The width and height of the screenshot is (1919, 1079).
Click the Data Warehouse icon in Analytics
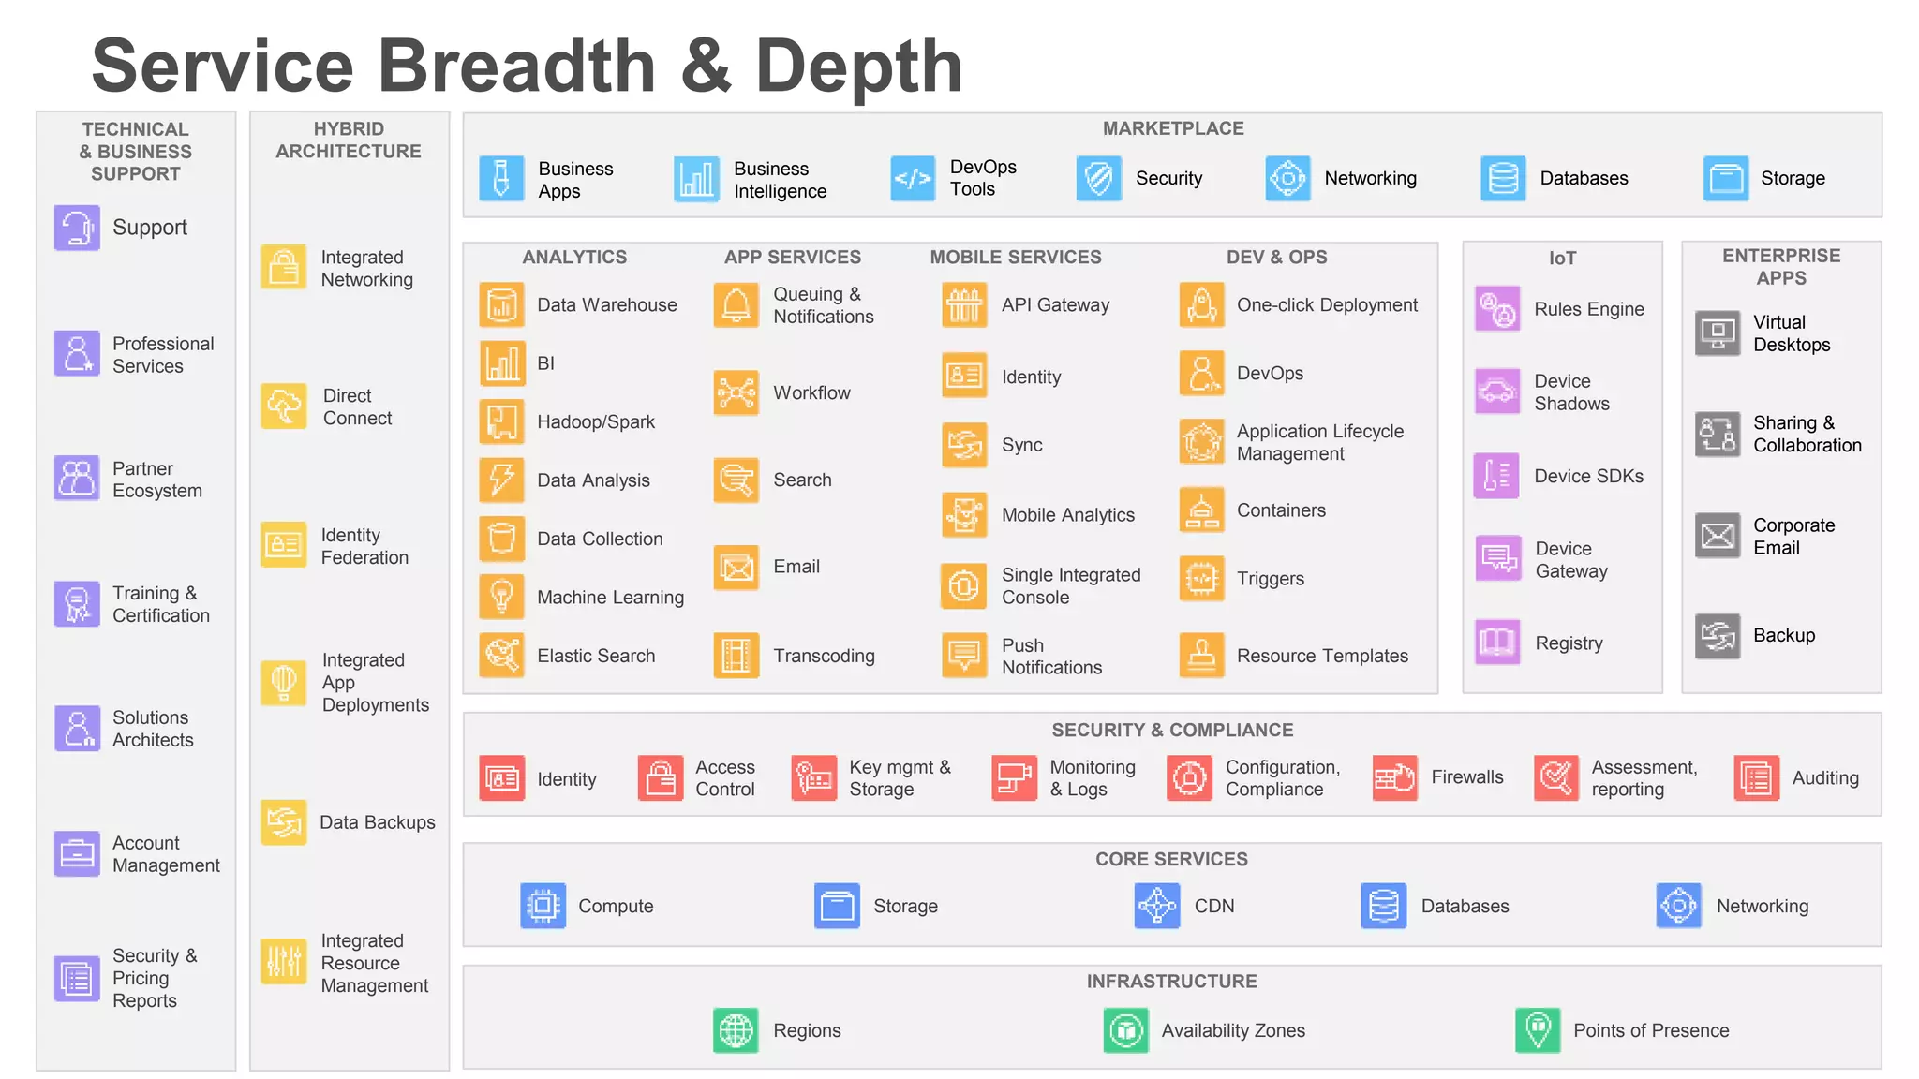point(501,304)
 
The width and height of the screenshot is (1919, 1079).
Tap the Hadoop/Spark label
point(595,422)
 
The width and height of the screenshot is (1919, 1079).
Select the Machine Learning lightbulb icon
point(501,597)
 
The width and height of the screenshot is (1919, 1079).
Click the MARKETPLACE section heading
point(1172,128)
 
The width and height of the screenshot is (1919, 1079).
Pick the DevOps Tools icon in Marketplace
point(913,178)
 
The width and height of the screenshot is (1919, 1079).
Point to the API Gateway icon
point(964,304)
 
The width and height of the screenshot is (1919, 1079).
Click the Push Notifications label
point(1050,656)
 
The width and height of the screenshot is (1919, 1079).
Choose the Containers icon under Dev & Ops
point(1201,510)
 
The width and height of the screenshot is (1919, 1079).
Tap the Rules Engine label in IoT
point(1588,309)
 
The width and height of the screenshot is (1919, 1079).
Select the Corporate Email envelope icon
point(1718,536)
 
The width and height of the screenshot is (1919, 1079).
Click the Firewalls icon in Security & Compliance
point(1394,777)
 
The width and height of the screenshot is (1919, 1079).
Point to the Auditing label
point(1824,777)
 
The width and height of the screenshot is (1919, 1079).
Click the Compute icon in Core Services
point(543,906)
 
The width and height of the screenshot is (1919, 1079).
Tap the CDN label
point(1213,906)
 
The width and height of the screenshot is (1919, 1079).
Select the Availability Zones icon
point(1125,1030)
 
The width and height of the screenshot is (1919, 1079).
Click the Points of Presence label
point(1650,1030)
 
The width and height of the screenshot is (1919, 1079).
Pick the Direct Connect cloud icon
point(284,406)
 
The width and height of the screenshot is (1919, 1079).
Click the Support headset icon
point(77,228)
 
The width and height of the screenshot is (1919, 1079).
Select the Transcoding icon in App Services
point(736,656)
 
